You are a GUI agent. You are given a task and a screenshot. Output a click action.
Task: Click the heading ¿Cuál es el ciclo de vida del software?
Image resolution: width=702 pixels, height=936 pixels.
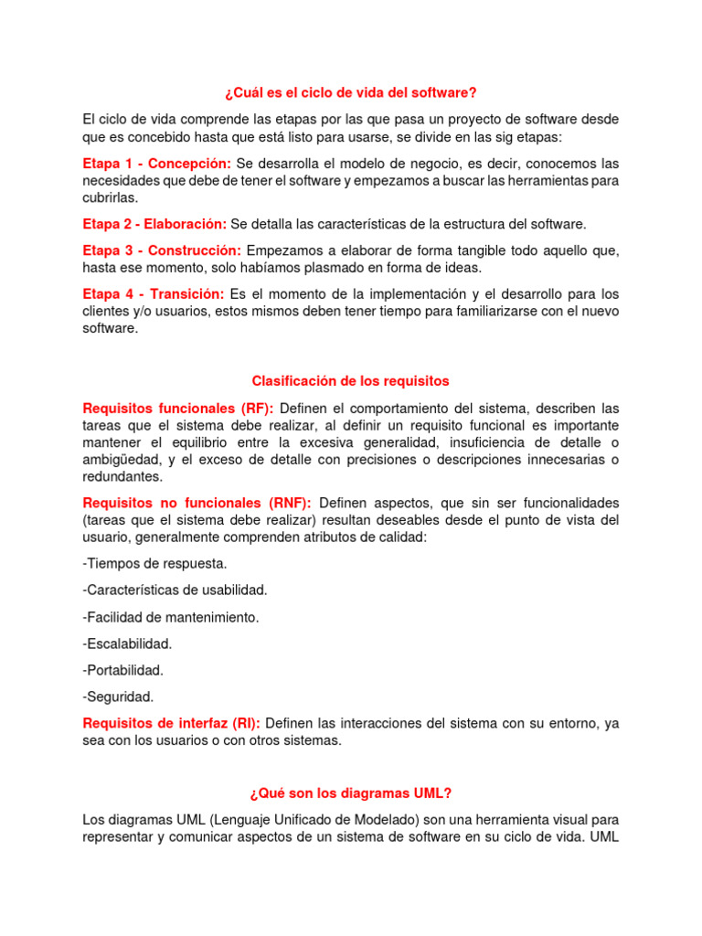click(x=351, y=92)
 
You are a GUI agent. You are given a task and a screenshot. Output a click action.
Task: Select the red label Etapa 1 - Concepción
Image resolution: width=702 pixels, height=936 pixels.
click(x=156, y=163)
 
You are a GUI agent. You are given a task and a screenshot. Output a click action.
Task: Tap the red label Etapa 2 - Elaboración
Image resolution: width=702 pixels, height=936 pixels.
click(x=154, y=224)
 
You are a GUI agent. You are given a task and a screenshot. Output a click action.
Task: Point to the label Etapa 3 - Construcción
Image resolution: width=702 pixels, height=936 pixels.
click(x=162, y=250)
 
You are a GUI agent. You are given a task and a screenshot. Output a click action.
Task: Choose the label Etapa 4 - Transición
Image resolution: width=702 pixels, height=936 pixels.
click(x=154, y=294)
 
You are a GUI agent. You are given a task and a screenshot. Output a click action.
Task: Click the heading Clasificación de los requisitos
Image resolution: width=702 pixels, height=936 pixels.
click(x=351, y=380)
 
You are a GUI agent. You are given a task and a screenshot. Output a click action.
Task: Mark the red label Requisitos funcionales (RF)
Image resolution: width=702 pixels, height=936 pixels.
click(x=177, y=408)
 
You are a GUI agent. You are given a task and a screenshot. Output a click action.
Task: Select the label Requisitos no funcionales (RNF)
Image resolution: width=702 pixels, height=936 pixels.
click(x=197, y=503)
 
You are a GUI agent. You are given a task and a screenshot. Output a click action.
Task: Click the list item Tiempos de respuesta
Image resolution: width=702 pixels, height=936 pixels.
click(x=154, y=564)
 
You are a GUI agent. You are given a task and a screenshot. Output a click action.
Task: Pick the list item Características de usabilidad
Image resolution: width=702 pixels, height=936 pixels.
click(x=175, y=590)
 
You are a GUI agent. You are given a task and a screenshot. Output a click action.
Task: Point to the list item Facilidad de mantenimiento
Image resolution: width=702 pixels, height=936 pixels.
click(x=171, y=617)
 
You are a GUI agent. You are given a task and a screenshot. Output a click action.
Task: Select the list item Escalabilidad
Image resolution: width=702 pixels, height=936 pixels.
click(x=127, y=643)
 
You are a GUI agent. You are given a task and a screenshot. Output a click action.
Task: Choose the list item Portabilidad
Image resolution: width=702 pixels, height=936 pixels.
click(x=123, y=670)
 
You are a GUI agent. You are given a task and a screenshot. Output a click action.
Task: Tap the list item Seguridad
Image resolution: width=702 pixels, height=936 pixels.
click(x=118, y=697)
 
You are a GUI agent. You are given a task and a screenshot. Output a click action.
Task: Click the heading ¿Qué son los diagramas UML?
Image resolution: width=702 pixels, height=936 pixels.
click(x=351, y=793)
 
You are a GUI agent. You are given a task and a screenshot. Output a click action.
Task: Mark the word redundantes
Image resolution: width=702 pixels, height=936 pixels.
click(x=122, y=477)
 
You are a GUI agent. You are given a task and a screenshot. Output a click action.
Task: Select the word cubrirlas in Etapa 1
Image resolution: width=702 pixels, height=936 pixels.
click(x=110, y=197)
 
